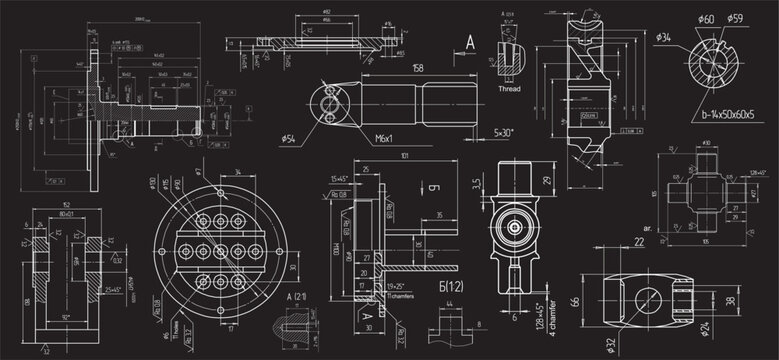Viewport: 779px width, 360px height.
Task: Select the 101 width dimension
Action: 401,156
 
